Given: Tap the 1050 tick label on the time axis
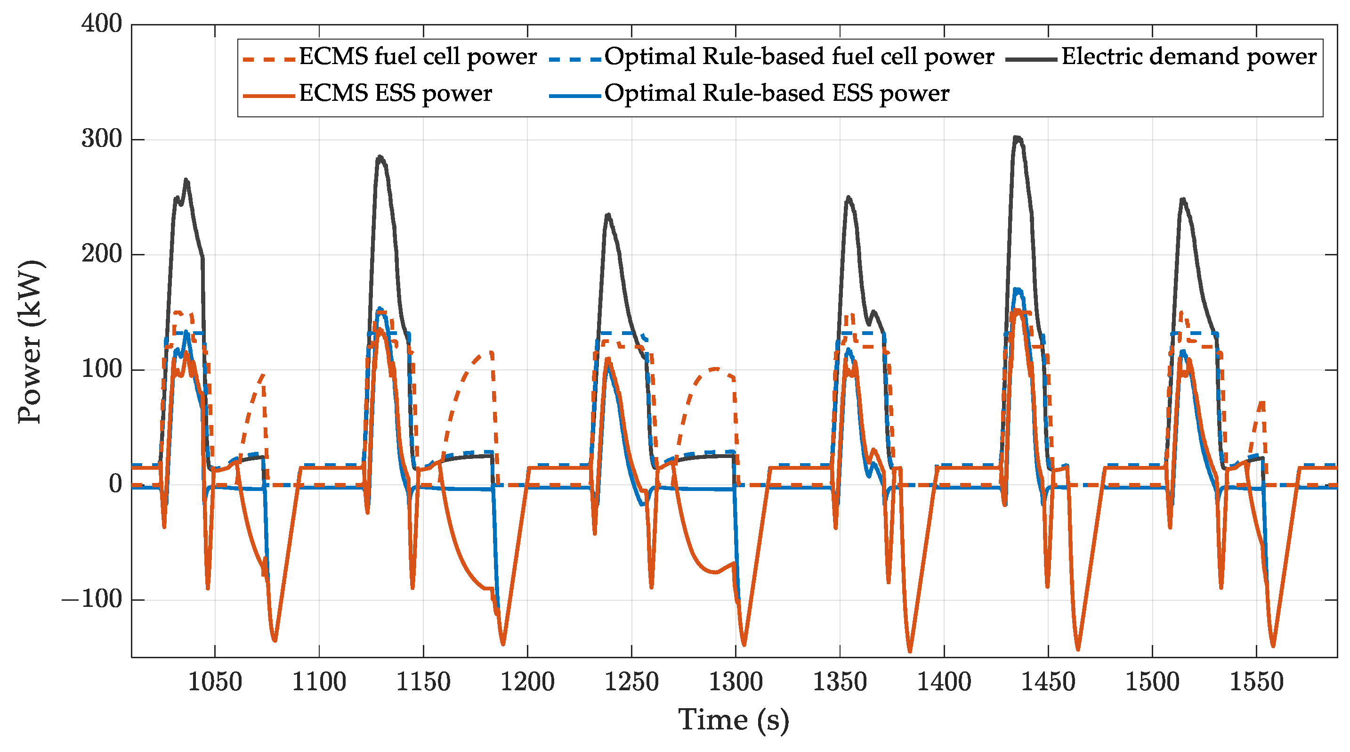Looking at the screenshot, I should [215, 682].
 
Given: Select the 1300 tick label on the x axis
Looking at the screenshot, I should [735, 682].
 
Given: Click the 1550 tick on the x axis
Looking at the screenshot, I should [1256, 682].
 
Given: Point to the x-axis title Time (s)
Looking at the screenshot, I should [734, 719].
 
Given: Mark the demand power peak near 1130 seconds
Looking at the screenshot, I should [380, 156].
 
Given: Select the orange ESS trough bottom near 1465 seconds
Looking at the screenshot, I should [1077, 650].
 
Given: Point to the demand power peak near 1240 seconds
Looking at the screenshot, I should [608, 214].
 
